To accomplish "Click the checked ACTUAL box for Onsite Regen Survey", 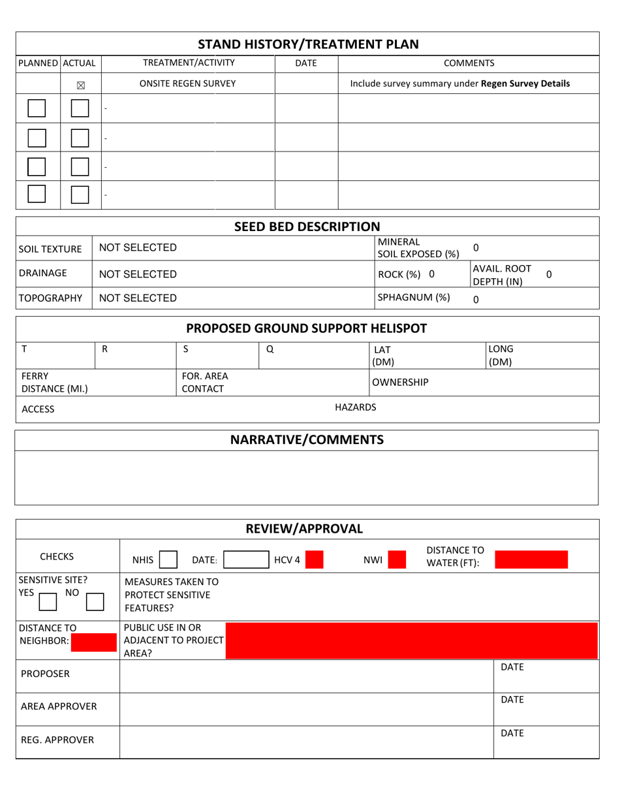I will [x=80, y=84].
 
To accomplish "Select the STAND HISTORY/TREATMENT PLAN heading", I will [x=307, y=44].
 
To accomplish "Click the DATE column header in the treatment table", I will [x=306, y=63].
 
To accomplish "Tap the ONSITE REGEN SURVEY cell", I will [x=188, y=84].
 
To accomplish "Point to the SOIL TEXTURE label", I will [x=50, y=249].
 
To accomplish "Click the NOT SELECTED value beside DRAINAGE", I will [x=137, y=274].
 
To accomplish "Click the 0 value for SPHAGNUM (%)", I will [x=475, y=300].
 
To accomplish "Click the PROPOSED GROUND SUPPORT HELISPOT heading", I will [x=307, y=327].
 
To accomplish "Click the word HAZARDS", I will [x=355, y=407].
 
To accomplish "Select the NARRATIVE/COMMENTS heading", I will [x=307, y=440].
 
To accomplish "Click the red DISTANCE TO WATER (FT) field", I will [x=531, y=559].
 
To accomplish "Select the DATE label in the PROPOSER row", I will [x=512, y=667].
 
